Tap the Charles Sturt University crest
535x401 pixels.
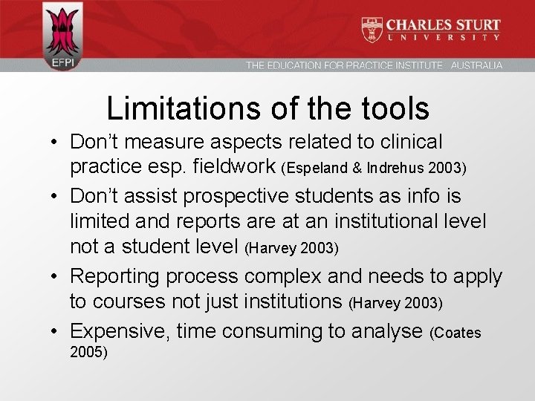tap(372, 29)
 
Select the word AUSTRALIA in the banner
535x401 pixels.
tap(476, 65)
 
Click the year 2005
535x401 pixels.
tap(88, 352)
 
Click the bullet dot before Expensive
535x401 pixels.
tap(56, 330)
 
